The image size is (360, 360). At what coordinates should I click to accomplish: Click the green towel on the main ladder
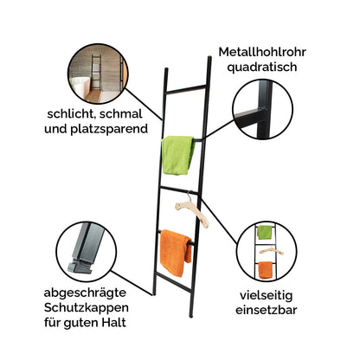[177, 155]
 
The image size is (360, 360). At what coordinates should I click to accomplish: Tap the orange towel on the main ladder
[175, 252]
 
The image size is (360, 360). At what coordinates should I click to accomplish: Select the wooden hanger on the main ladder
[192, 210]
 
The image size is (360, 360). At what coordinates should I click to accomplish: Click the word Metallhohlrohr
[262, 52]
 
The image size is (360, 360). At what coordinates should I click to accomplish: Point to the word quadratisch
[262, 67]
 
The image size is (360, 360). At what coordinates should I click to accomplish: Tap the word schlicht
[70, 114]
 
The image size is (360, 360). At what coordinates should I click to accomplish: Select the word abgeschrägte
[85, 293]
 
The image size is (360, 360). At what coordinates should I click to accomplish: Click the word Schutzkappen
[87, 308]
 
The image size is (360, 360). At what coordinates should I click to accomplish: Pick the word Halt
[115, 322]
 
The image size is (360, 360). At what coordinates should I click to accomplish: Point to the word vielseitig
[267, 295]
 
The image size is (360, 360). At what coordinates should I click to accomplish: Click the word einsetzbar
[267, 311]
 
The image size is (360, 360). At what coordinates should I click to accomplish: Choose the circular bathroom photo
[98, 74]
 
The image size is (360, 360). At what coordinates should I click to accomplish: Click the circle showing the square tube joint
[262, 109]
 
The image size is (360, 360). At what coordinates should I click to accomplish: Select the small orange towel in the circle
[266, 270]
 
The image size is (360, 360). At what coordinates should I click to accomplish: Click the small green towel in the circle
[265, 232]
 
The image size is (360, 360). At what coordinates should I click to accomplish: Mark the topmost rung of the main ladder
[186, 89]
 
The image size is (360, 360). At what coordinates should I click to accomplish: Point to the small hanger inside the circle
[271, 251]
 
